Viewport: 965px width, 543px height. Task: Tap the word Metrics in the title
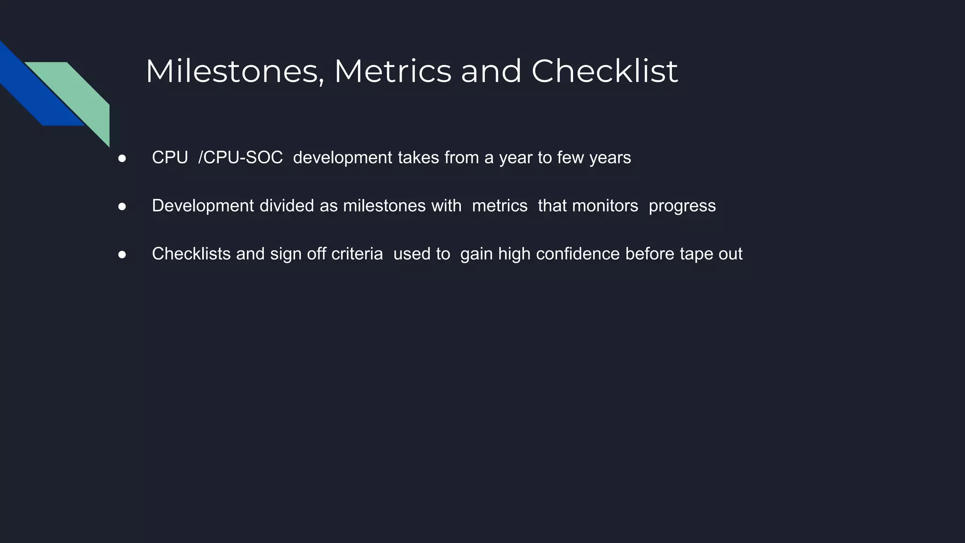[393, 72]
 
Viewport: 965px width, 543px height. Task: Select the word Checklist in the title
[605, 72]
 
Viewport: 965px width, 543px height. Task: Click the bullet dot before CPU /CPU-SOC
[122, 158]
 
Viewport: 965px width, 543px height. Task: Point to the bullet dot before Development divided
[122, 206]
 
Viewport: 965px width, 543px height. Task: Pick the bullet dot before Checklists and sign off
[122, 255]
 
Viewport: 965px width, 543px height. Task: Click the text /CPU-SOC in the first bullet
[240, 158]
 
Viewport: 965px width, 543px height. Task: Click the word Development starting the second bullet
[203, 206]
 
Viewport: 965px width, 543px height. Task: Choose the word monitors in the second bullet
[605, 206]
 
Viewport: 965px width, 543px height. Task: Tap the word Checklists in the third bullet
[191, 254]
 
